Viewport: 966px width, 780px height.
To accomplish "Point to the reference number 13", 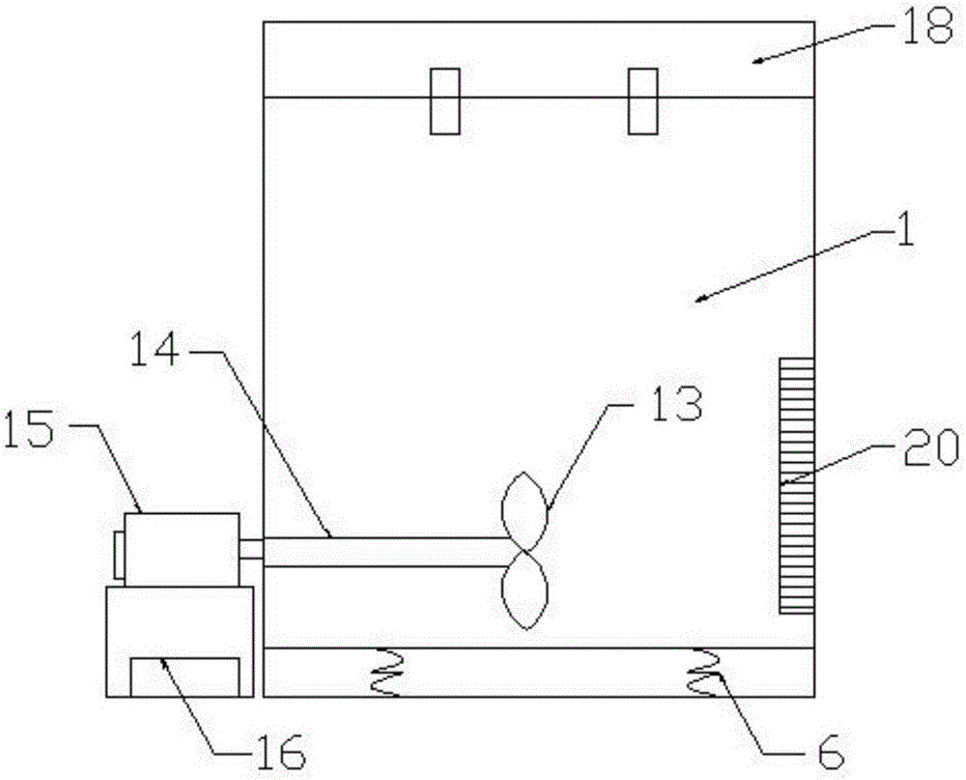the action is pos(676,404).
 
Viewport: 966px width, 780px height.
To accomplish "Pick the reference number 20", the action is pos(929,448).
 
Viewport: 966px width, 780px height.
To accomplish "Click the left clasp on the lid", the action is pos(444,101).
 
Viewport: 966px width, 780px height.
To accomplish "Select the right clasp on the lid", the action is pos(642,101).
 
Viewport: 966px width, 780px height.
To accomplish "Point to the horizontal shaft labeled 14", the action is pos(386,552).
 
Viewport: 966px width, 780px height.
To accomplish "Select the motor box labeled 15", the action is pos(182,549).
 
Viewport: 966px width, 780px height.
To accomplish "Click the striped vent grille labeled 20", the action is pos(797,486).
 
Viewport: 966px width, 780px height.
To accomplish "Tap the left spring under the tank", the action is pos(386,672).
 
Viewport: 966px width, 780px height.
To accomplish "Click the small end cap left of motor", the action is pos(119,556).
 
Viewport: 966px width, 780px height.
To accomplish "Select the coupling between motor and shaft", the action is pos(251,549).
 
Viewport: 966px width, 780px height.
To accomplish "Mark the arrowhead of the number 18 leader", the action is pos(760,59).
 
